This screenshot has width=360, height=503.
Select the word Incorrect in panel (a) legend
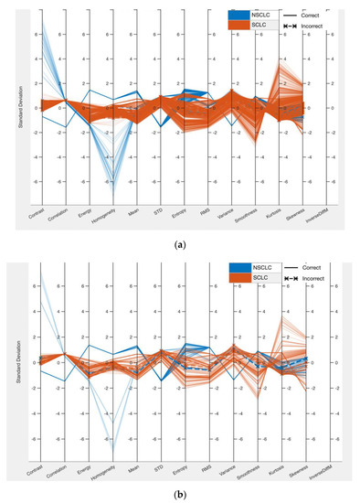[313, 27]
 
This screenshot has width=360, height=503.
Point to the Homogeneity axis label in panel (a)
[108, 217]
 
